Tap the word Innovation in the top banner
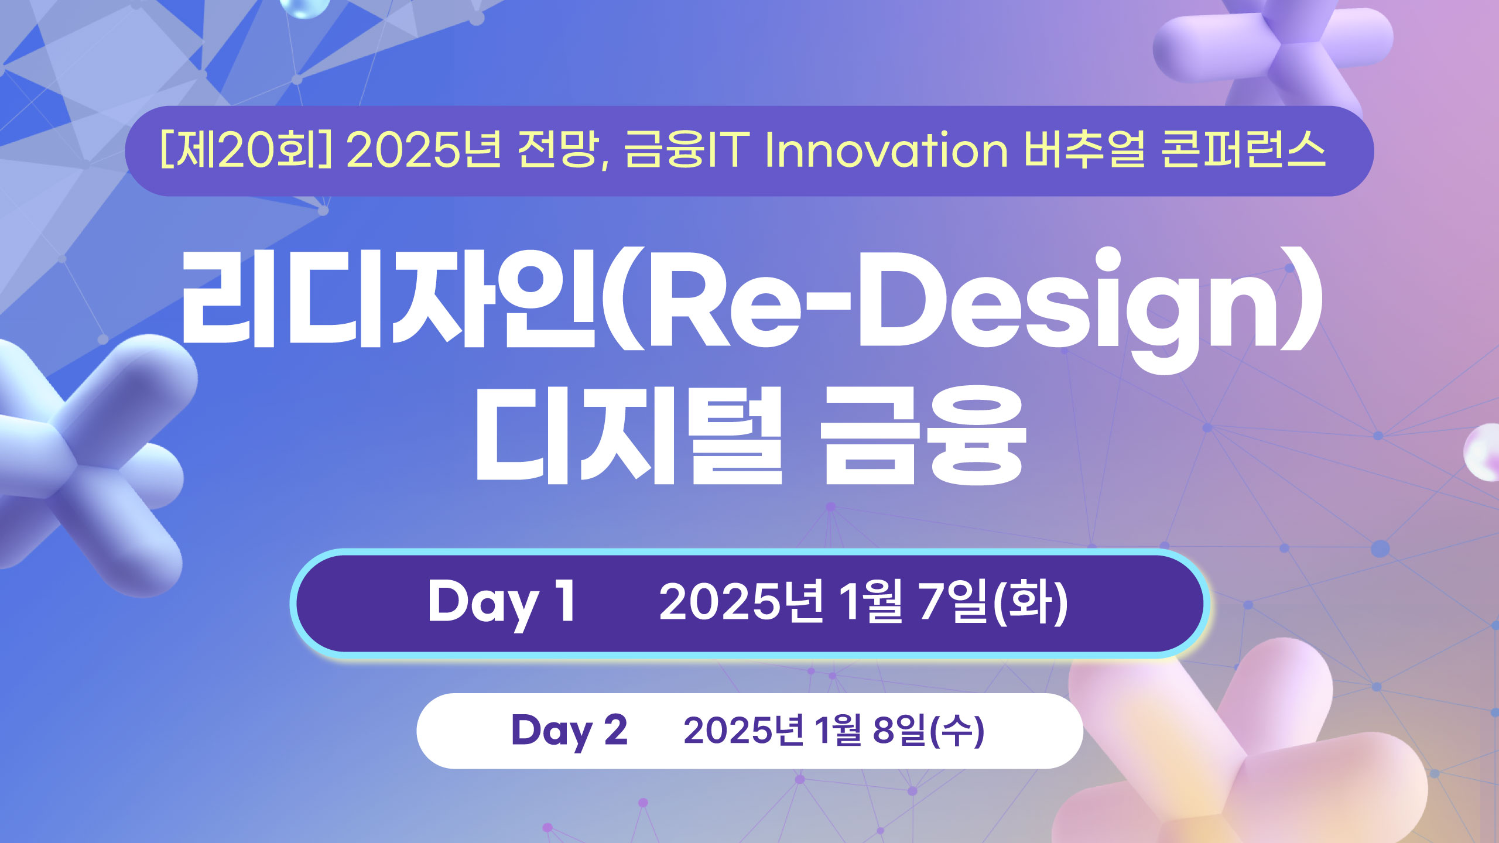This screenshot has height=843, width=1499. tap(887, 150)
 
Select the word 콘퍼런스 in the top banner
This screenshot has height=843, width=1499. tap(1243, 150)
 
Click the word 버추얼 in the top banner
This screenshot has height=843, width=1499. tap(1084, 150)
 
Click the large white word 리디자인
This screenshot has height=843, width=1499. tap(388, 299)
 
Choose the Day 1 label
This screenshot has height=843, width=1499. tap(502, 602)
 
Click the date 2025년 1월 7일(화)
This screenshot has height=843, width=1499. tap(864, 602)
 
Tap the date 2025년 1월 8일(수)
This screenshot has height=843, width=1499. tap(834, 731)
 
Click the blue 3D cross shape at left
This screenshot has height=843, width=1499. tap(88, 462)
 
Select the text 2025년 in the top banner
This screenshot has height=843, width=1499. tap(424, 150)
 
